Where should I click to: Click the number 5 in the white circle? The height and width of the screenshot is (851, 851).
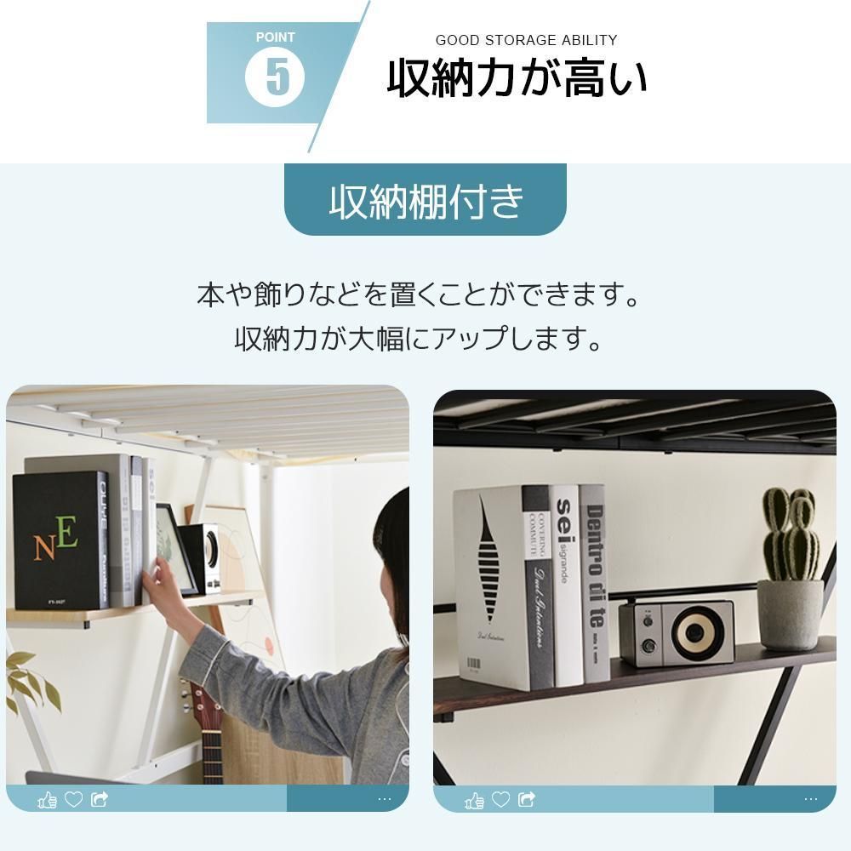[x=275, y=77]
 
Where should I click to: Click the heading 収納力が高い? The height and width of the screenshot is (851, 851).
[x=517, y=79]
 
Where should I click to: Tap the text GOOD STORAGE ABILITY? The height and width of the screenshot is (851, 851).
[x=526, y=40]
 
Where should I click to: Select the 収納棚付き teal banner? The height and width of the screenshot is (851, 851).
[x=425, y=201]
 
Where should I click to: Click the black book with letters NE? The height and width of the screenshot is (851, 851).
[x=60, y=540]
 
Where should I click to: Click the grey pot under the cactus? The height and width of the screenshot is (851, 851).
[x=790, y=614]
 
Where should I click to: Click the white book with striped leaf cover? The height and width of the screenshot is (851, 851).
[x=489, y=587]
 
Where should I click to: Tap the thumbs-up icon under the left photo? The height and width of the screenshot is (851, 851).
[x=47, y=799]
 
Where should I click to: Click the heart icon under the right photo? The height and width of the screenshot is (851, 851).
[x=500, y=799]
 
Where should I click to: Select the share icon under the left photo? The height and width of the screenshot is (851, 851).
[x=100, y=799]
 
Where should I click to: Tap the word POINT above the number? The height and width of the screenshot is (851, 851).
[x=275, y=37]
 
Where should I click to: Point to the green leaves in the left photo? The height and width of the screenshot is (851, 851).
[x=30, y=681]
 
